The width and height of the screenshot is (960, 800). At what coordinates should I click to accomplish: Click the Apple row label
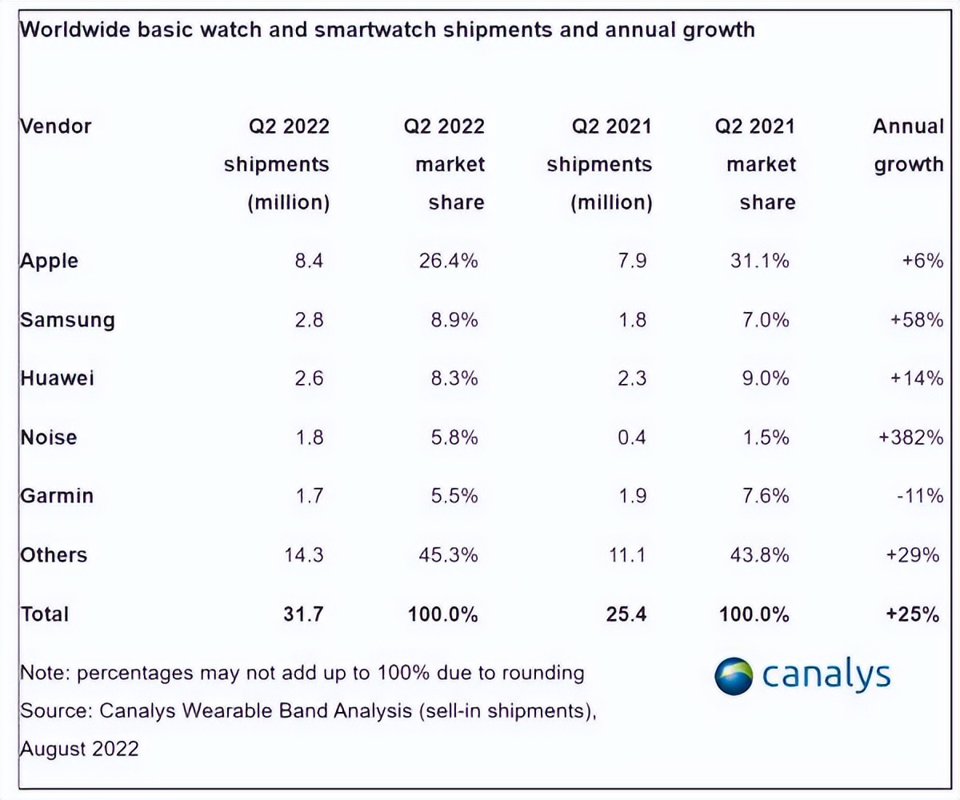click(50, 262)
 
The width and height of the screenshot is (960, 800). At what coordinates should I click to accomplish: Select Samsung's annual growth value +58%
click(916, 320)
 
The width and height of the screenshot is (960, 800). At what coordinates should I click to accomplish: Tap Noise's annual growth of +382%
click(910, 438)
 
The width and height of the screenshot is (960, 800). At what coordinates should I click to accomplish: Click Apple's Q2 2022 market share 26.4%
click(448, 261)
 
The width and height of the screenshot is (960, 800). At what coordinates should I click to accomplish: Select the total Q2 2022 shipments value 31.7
click(303, 614)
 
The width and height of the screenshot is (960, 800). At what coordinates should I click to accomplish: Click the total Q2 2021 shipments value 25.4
click(626, 614)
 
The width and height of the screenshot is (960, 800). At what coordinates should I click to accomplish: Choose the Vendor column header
click(56, 126)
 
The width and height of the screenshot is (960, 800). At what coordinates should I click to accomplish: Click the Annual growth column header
click(908, 145)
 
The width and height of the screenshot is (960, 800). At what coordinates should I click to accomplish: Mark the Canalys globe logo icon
click(734, 676)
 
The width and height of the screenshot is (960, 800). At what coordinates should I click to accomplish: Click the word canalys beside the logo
click(826, 674)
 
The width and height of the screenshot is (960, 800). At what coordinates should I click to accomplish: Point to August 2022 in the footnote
click(79, 749)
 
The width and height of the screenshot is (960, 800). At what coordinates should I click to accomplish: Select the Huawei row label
click(57, 378)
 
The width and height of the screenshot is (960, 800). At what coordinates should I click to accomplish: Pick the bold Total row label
click(45, 614)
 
